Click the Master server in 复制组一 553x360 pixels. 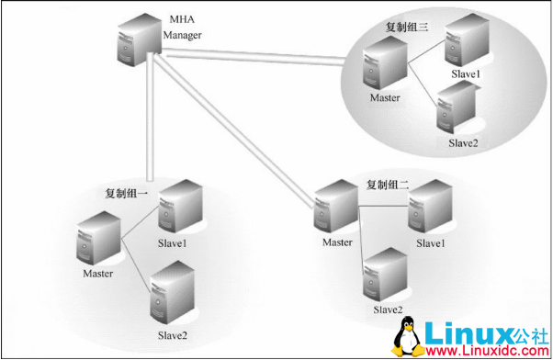click(x=98, y=238)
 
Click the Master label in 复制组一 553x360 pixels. click(x=97, y=273)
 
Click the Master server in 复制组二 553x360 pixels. click(x=333, y=210)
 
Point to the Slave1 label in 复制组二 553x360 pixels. click(x=430, y=242)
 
